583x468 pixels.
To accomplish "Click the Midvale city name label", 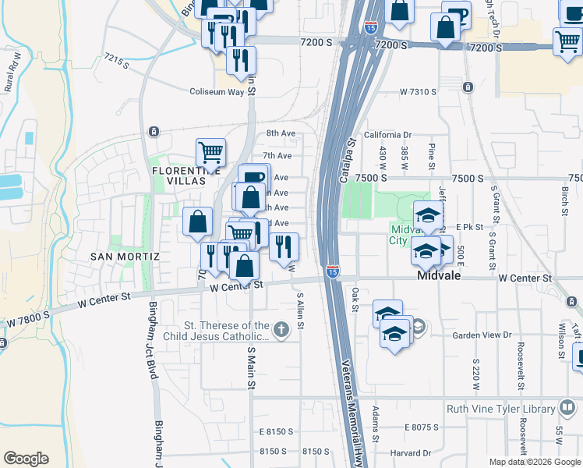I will click(440, 276).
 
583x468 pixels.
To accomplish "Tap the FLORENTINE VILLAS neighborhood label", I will click(180, 175).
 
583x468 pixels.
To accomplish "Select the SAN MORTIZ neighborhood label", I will click(125, 256).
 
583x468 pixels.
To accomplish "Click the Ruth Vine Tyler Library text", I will click(500, 408).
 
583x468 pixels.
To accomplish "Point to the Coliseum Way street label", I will click(217, 91).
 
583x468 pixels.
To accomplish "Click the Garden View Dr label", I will click(482, 335).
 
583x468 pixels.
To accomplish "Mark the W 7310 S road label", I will click(418, 92).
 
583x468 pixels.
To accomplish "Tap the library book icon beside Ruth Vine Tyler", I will click(567, 408).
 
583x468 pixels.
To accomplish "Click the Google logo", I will click(26, 459).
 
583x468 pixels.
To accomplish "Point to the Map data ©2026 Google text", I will click(534, 462).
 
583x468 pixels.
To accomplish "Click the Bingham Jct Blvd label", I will click(153, 347).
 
